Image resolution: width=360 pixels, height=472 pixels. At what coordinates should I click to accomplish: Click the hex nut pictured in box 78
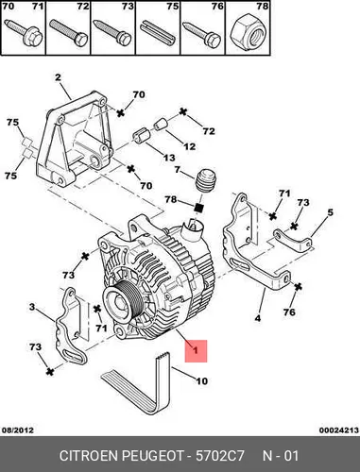click(248, 33)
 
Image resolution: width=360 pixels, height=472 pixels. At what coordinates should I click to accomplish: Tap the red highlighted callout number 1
click(196, 350)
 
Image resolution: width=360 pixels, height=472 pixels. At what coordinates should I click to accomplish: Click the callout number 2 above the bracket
click(58, 77)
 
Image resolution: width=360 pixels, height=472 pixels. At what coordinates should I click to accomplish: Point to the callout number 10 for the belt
click(201, 381)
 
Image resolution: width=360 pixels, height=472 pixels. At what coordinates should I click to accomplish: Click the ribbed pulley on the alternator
click(118, 302)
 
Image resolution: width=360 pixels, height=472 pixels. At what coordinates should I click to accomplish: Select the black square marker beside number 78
click(198, 208)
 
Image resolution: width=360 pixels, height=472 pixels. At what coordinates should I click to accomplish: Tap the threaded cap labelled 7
click(206, 180)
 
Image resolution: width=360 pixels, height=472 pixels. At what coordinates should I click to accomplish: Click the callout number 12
click(189, 146)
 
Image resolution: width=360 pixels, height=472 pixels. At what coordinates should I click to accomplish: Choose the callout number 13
click(169, 158)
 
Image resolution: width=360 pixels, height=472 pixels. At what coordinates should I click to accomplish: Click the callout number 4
click(258, 318)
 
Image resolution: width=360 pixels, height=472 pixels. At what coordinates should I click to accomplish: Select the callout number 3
click(32, 307)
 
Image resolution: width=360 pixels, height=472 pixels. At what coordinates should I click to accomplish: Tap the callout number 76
click(289, 312)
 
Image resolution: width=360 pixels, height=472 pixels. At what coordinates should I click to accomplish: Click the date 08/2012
click(18, 430)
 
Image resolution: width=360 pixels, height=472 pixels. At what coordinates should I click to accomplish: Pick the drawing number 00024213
click(339, 430)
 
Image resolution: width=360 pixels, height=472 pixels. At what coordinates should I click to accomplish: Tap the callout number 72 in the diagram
click(209, 131)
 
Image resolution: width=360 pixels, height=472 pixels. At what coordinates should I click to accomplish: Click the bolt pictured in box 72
click(69, 33)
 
